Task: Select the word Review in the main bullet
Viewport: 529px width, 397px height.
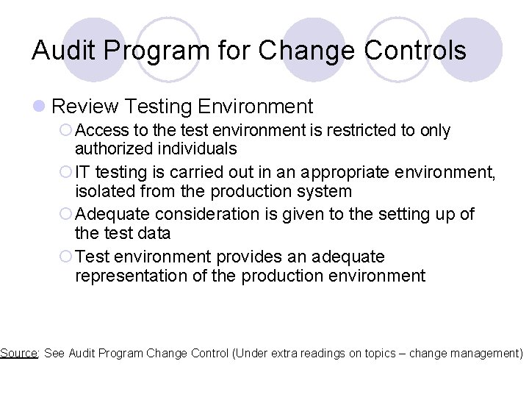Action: (85, 107)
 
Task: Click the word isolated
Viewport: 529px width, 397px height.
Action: (104, 191)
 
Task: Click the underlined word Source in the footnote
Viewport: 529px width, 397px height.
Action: (18, 353)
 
